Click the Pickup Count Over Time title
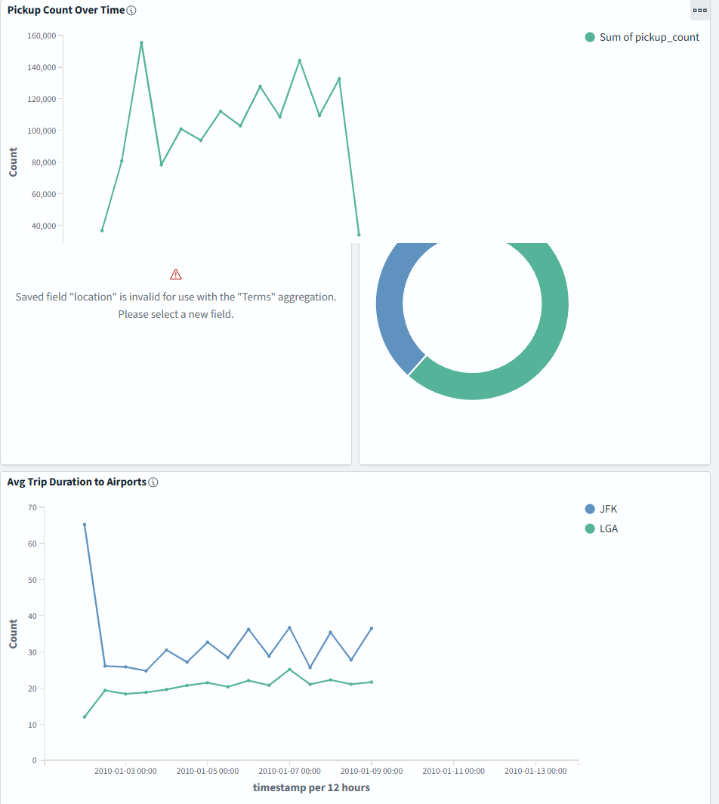point(66,11)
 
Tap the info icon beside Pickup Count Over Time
point(131,11)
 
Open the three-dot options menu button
point(699,11)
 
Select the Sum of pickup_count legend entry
point(642,37)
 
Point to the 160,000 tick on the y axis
point(42,35)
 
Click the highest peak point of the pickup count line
point(141,42)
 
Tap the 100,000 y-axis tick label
point(42,131)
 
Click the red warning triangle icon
point(176,274)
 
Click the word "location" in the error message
point(93,297)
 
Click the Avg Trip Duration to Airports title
point(76,482)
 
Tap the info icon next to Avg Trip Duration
point(153,482)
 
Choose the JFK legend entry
point(601,509)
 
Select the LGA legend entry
point(602,528)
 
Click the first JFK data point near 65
point(85,525)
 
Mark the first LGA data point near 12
point(85,717)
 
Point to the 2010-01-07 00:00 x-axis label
point(289,772)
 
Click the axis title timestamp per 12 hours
point(311,787)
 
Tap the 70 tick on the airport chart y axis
point(32,507)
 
